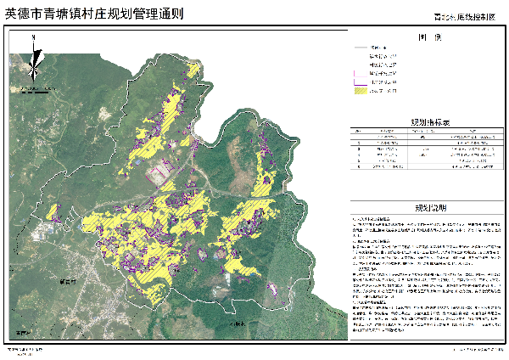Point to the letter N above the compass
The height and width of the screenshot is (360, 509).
pyautogui.click(x=32, y=38)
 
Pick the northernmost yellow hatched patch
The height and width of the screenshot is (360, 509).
pyautogui.click(x=193, y=70)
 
